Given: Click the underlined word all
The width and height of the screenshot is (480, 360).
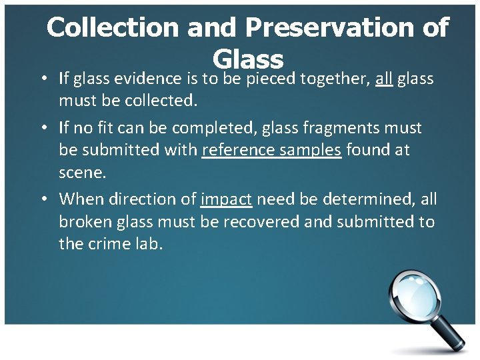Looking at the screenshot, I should tap(384, 79).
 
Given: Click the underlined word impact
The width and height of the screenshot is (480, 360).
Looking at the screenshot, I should tap(226, 199).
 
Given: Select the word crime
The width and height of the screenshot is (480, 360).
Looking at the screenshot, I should tap(107, 243).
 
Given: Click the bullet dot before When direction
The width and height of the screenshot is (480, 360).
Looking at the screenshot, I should tap(43, 199).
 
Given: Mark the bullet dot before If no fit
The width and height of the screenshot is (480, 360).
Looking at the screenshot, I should tap(43, 127).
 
